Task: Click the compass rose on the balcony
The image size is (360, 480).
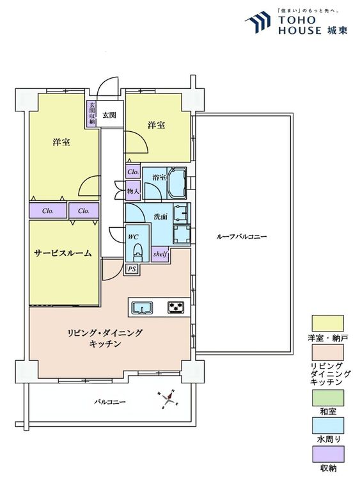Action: coord(168,399)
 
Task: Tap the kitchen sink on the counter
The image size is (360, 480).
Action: coord(142,307)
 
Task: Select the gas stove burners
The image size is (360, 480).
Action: coord(176,307)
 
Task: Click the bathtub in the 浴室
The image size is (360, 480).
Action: coord(177,183)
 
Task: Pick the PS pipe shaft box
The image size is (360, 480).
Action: coord(132,269)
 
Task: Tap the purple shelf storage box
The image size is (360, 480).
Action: coord(160,255)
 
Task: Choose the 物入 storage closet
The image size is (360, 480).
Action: coord(133,191)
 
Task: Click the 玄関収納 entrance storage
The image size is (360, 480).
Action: coord(91,113)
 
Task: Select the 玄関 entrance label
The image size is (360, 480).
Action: coord(109,115)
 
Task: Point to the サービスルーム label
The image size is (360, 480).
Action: coord(63,253)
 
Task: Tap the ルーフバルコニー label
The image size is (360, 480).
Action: coord(242,236)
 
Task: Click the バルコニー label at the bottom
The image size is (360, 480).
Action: coord(110,402)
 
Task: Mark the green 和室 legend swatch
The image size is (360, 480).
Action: coord(327,397)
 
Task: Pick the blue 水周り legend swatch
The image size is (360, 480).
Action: coord(327,426)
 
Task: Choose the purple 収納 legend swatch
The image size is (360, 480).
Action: coord(327,454)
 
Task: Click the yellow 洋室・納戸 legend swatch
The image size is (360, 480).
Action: coord(327,323)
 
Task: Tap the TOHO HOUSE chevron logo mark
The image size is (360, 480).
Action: coord(258,21)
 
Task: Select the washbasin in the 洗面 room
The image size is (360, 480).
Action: coord(182,212)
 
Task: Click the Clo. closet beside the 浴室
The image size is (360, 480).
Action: coord(133,172)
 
